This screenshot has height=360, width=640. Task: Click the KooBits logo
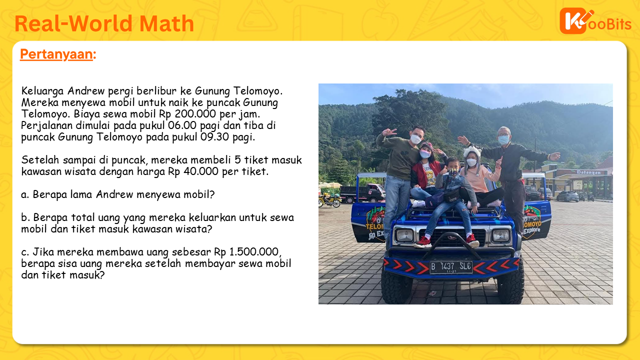(x=595, y=21)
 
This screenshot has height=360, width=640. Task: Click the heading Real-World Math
(x=104, y=23)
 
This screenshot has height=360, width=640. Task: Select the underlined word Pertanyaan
(x=56, y=54)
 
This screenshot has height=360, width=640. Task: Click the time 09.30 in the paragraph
(x=214, y=136)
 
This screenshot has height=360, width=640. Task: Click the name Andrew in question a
(x=114, y=194)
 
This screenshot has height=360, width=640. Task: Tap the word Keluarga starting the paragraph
(x=42, y=91)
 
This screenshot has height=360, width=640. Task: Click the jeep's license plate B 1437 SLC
(x=451, y=267)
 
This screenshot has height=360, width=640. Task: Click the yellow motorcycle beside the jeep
(x=329, y=199)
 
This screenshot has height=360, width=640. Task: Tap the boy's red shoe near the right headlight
(x=472, y=240)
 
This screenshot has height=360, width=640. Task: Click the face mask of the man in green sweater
(x=415, y=139)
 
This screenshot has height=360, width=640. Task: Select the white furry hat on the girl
(x=472, y=152)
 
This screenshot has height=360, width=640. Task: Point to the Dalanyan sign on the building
(x=588, y=172)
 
